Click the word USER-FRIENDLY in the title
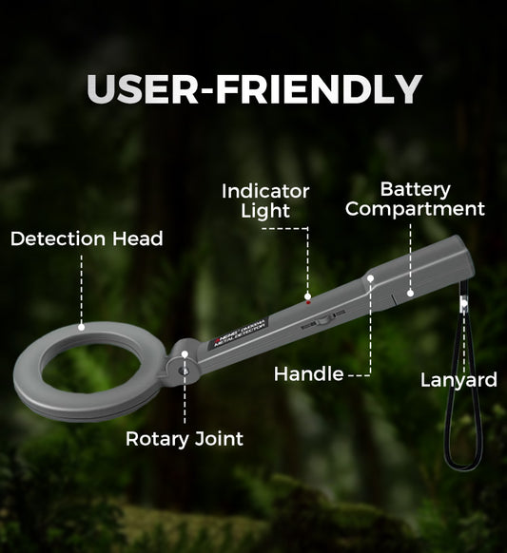point(254,89)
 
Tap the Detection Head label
point(87,239)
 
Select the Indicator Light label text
point(265,201)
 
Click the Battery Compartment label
point(415,199)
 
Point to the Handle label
point(308,374)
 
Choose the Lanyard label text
point(458,381)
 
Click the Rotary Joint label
point(185,439)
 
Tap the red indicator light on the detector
point(308,298)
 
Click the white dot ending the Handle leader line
point(370,278)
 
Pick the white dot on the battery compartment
point(411,293)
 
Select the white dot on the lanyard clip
point(463,303)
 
